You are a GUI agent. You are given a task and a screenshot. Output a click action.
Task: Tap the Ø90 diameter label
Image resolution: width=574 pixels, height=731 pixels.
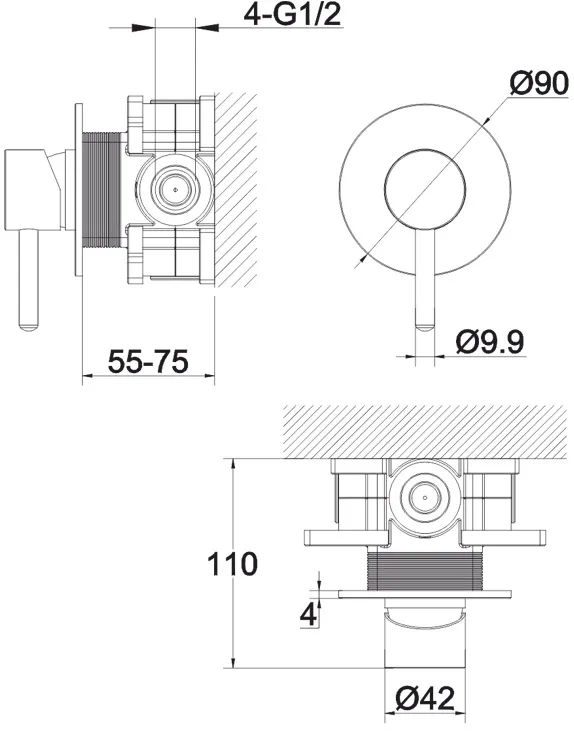tap(539, 84)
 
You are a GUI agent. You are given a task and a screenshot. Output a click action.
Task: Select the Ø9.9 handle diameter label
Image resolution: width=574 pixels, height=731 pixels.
tap(490, 342)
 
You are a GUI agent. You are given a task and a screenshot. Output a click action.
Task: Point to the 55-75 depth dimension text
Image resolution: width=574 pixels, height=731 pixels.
tap(148, 361)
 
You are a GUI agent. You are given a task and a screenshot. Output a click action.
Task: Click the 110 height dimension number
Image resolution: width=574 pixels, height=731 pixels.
tap(232, 564)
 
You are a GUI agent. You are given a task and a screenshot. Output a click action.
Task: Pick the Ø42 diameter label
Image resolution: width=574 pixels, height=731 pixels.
tap(424, 699)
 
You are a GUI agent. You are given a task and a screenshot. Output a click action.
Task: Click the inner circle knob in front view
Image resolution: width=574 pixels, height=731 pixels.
tap(425, 190)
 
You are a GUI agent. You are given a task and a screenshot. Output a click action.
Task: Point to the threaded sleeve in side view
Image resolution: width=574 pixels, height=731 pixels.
tap(101, 190)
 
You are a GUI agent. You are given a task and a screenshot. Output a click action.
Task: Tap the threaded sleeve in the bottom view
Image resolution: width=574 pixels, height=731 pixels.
tap(424, 570)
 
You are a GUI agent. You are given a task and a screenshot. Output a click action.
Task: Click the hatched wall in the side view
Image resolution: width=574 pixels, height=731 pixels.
tap(236, 190)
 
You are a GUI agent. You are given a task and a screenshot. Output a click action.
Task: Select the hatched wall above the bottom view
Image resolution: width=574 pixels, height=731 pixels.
tap(428, 432)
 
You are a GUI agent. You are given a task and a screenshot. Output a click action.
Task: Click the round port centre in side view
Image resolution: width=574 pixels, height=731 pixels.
tap(175, 190)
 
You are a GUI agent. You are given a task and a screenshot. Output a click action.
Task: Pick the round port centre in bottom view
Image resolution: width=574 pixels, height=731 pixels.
tap(425, 497)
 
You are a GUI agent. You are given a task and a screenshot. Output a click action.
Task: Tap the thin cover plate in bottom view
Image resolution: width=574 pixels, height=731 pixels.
tap(425, 594)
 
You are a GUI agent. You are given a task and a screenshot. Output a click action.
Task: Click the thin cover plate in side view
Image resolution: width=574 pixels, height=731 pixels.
tap(78, 190)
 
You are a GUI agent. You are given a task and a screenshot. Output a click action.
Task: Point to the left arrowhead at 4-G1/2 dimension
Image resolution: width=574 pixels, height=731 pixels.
tap(143, 28)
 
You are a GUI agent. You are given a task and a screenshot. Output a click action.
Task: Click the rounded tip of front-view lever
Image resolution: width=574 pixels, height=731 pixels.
tap(425, 327)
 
